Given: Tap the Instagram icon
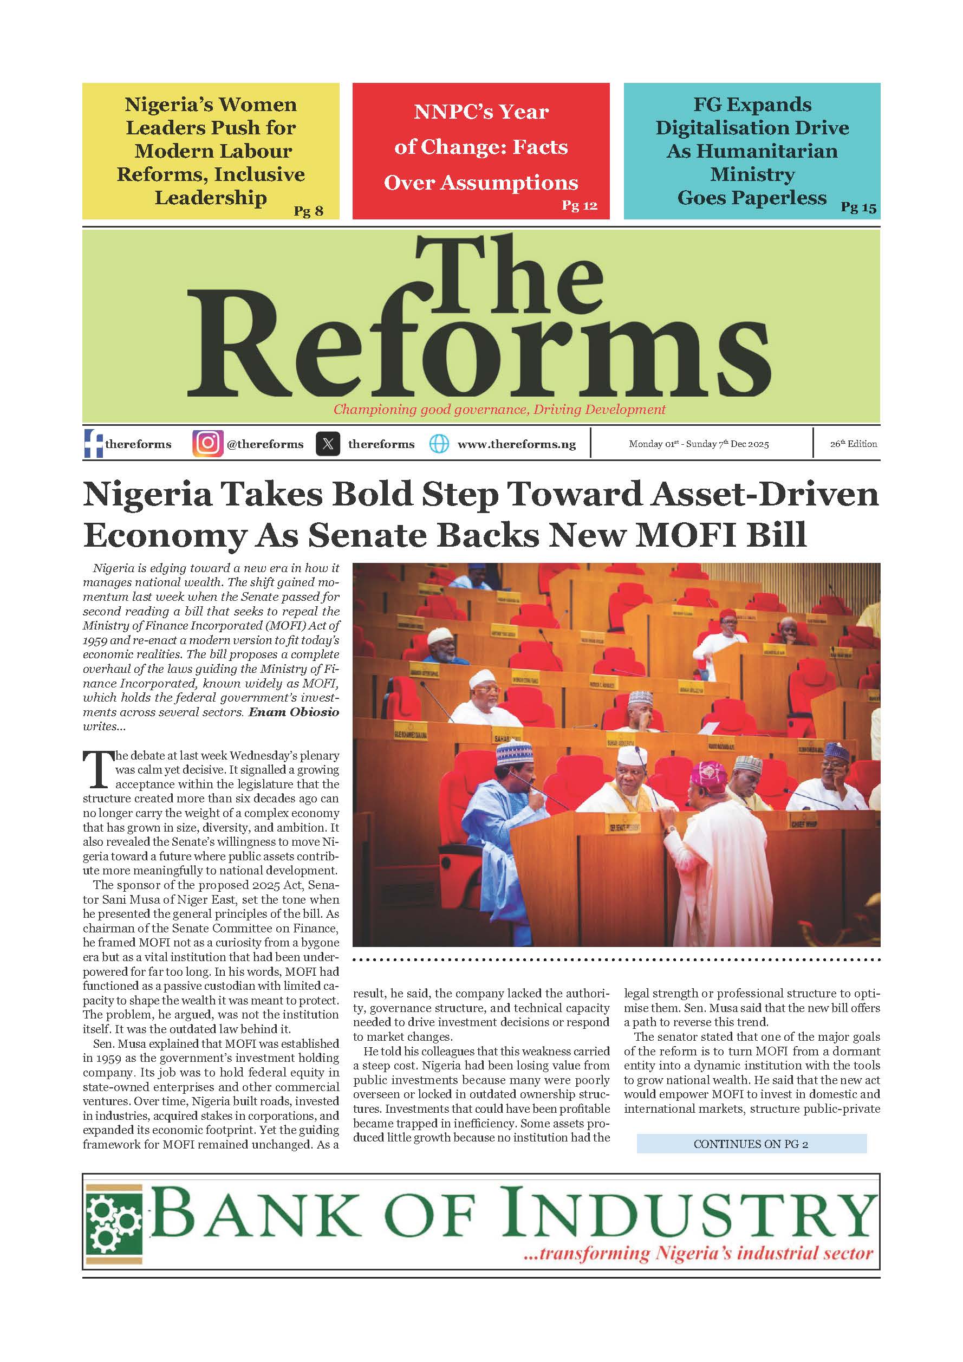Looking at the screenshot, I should click(x=207, y=444).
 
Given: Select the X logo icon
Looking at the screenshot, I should click(x=328, y=444).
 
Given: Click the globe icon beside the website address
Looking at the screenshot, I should click(x=439, y=444).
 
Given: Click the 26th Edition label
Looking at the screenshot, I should click(x=853, y=444).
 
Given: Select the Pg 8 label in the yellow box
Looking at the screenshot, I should click(x=308, y=211).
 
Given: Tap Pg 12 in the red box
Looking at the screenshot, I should click(x=580, y=205).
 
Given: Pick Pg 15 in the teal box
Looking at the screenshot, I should click(x=858, y=207).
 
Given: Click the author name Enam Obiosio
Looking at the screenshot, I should click(x=294, y=712).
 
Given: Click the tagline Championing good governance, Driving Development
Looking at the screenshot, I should click(x=499, y=410).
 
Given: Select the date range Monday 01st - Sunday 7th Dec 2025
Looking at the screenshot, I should click(x=699, y=444).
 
